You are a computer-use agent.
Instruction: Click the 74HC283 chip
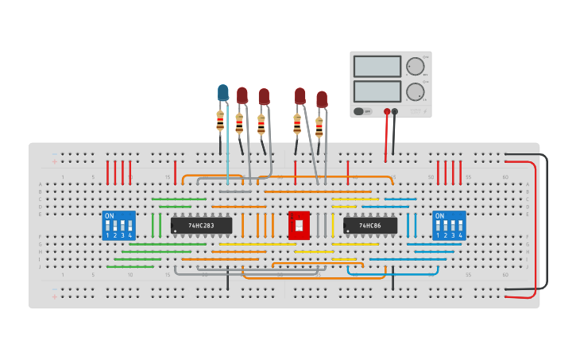click(201, 226)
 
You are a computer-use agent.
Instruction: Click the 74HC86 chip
click(369, 226)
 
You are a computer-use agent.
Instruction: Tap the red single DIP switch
click(299, 225)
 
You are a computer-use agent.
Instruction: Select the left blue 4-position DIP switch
click(118, 226)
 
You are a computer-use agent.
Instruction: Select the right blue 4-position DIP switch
click(449, 226)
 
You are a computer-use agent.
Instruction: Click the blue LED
click(223, 93)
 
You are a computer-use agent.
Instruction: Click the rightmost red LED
click(322, 99)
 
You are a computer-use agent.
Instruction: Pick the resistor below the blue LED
click(220, 121)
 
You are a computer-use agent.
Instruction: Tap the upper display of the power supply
click(377, 66)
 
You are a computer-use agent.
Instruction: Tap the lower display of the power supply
click(377, 91)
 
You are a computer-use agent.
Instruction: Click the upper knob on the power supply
click(414, 67)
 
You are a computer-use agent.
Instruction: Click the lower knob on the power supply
click(414, 91)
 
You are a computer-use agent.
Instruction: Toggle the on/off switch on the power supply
click(359, 111)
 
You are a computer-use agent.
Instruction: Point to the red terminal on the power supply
click(387, 112)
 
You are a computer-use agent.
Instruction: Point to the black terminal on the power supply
click(395, 112)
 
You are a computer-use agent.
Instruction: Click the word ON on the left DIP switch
click(110, 216)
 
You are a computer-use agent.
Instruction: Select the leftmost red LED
click(242, 95)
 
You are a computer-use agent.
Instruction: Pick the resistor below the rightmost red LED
click(319, 127)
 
